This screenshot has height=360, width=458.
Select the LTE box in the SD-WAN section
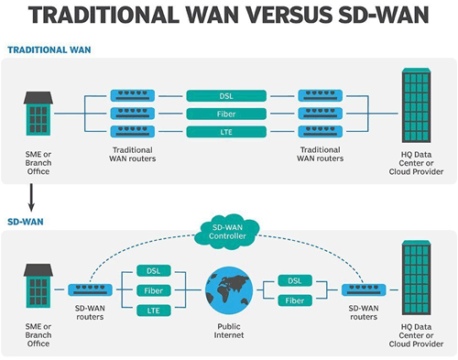[153, 311]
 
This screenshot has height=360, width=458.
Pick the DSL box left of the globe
[153, 270]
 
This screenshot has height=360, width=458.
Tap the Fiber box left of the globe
[153, 290]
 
